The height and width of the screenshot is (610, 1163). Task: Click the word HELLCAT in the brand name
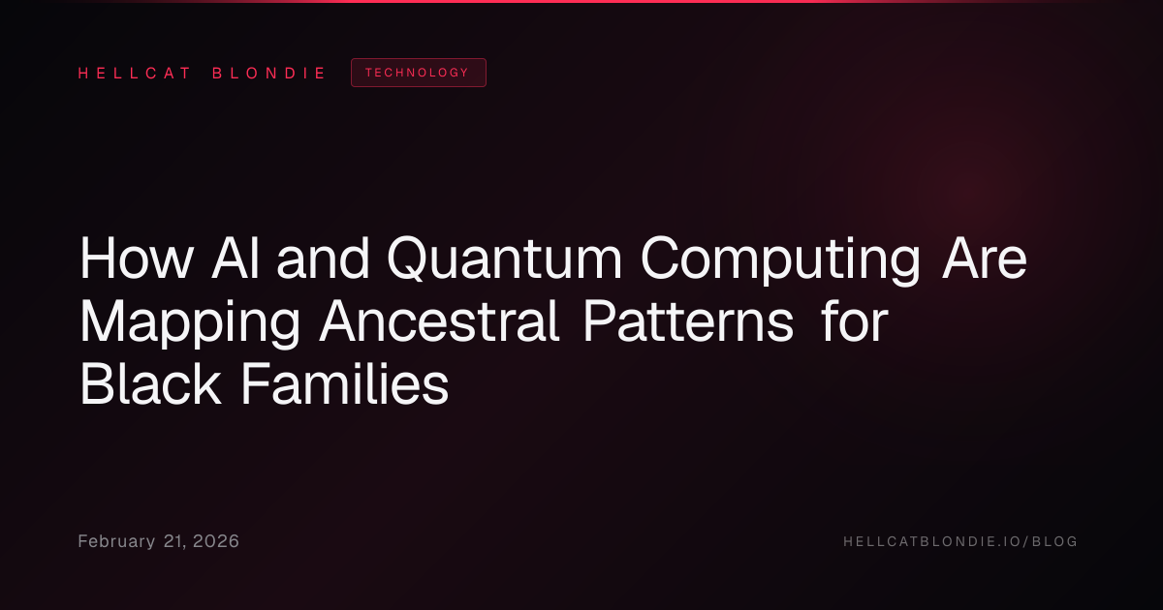pyautogui.click(x=135, y=74)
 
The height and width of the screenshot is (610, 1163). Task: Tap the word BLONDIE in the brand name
pyautogui.click(x=268, y=74)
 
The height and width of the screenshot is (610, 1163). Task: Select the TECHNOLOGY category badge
pyautogui.click(x=419, y=73)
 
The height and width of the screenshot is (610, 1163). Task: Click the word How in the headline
pyautogui.click(x=137, y=259)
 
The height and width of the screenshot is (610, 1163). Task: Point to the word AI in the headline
pyautogui.click(x=236, y=259)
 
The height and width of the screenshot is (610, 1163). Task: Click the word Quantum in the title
pyautogui.click(x=504, y=259)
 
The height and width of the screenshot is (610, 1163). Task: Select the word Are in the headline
pyautogui.click(x=985, y=259)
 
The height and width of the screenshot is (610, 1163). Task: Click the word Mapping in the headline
pyautogui.click(x=190, y=322)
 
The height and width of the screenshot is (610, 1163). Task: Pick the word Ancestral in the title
pyautogui.click(x=439, y=321)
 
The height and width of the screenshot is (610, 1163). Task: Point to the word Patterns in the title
pyautogui.click(x=688, y=321)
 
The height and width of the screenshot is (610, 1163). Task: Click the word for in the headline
pyautogui.click(x=855, y=320)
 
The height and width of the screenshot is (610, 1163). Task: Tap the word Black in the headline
pyautogui.click(x=150, y=383)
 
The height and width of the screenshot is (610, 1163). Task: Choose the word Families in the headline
pyautogui.click(x=345, y=383)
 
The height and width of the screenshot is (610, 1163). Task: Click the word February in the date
pyautogui.click(x=116, y=541)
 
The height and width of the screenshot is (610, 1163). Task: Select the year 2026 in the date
pyautogui.click(x=216, y=541)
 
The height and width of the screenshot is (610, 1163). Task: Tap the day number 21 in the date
pyautogui.click(x=173, y=542)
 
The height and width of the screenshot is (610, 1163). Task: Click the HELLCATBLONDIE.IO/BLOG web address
pyautogui.click(x=960, y=541)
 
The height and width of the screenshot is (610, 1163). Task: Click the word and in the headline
pyautogui.click(x=323, y=259)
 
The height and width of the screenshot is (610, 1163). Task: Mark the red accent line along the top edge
pyautogui.click(x=581, y=2)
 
